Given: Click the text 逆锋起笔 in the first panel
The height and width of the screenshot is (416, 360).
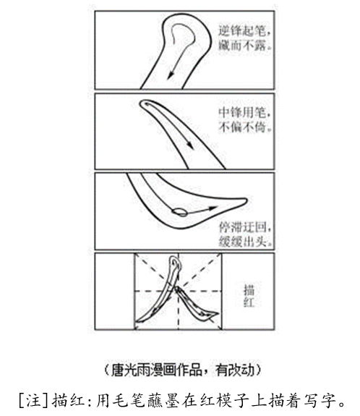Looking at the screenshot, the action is pos(241,31).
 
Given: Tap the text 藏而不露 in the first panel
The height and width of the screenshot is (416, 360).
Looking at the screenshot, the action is pos(241,46).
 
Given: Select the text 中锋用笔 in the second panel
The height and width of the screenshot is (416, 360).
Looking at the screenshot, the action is pos(241,113).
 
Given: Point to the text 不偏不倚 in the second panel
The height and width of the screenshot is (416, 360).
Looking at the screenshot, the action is pos(241,127).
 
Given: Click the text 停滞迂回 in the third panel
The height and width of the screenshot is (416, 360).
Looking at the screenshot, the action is pos(242,227).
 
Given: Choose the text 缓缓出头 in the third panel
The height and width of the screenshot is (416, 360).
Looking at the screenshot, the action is pos(242,241).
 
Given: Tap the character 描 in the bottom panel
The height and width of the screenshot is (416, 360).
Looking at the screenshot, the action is pos(249,289).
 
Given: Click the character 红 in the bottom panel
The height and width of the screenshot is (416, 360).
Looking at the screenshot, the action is pos(249,302).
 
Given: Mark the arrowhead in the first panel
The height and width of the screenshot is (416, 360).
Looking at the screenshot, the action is pos(171,75).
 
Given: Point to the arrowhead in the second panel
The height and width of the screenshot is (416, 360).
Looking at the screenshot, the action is pos(190,145).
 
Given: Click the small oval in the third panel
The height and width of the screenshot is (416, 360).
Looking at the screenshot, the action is pos(179,212).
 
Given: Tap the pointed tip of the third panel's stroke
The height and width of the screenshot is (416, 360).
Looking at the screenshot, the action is pos(247,200).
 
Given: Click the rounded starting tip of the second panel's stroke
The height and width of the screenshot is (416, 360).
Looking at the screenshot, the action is pos(142,103).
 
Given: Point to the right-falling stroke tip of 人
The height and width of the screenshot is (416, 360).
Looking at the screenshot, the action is pos(218,313).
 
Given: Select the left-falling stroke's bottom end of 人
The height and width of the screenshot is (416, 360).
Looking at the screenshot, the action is pos(136,321).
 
